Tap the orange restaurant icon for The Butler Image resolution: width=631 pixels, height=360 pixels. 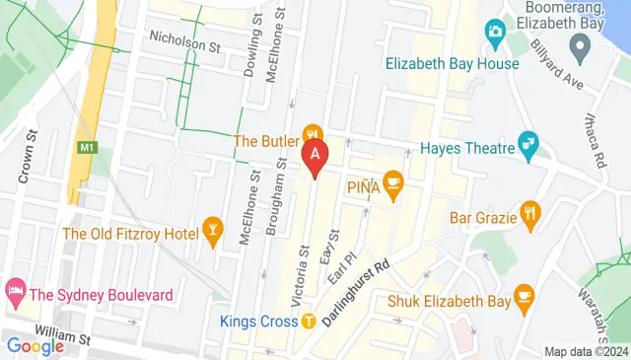coord(314,134)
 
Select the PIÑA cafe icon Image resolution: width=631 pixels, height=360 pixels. coord(392,180)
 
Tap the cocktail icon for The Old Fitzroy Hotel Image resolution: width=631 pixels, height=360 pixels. coord(211,229)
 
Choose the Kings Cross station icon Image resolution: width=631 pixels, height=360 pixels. coord(309,321)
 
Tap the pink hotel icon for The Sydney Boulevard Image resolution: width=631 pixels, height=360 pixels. coord(15,292)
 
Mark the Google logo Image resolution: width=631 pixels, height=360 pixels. coord(35,345)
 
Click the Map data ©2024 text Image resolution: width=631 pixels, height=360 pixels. coord(586,351)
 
